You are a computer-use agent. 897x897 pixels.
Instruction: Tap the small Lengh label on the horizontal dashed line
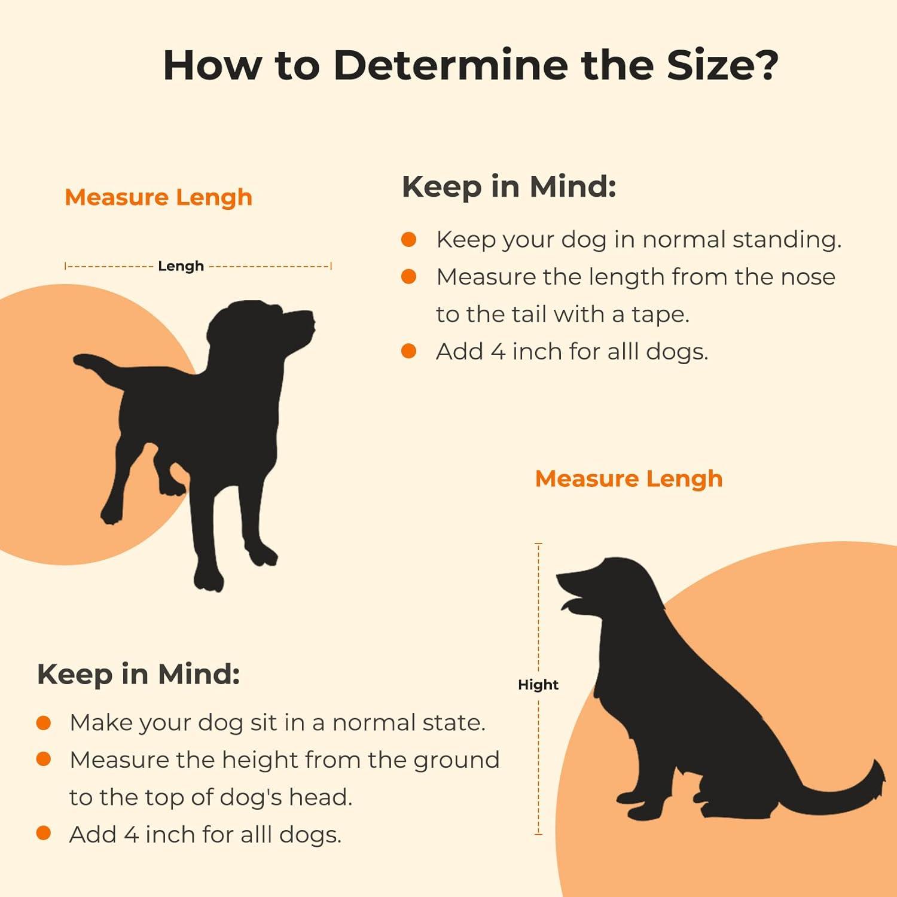(x=181, y=266)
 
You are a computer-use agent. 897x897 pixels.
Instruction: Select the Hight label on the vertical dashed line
(x=538, y=685)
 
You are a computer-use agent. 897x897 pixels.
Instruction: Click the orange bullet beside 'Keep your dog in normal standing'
(x=409, y=240)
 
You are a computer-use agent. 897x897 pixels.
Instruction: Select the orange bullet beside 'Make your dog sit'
(x=44, y=723)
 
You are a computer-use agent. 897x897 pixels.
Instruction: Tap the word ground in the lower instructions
(x=460, y=761)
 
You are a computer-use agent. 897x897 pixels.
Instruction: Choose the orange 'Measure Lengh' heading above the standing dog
(x=158, y=198)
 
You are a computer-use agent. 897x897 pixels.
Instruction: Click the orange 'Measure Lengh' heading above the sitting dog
(x=629, y=480)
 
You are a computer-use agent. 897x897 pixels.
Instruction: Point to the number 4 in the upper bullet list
(x=498, y=352)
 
